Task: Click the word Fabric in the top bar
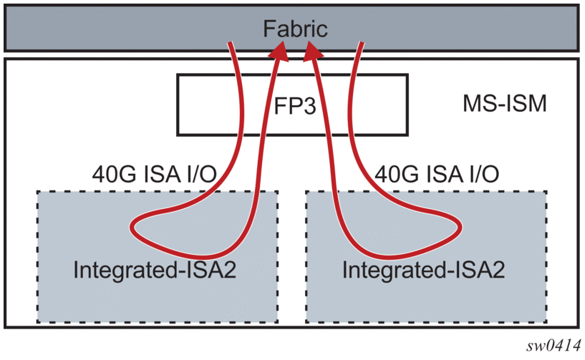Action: pyautogui.click(x=294, y=29)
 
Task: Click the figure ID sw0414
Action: pyautogui.click(x=554, y=345)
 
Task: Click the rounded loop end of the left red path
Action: pyautogui.click(x=135, y=229)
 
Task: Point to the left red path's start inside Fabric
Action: pyautogui.click(x=231, y=44)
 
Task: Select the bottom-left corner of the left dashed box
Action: pyautogui.click(x=38, y=321)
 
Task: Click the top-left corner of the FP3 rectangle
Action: pyautogui.click(x=178, y=75)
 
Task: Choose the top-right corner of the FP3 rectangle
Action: pyautogui.click(x=408, y=75)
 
